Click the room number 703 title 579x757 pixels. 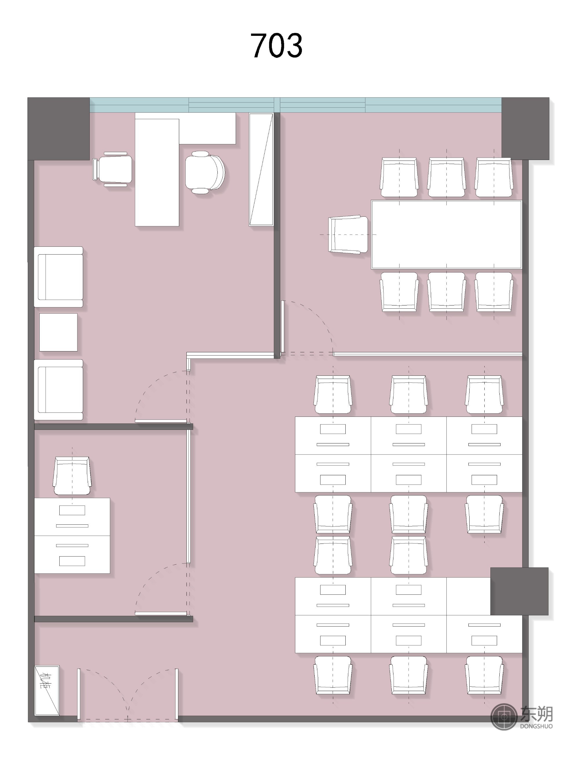point(276,45)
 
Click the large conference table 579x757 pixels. point(446,234)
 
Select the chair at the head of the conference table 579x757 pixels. point(348,235)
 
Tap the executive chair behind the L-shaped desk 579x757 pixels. point(205,172)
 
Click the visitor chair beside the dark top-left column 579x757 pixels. point(112,169)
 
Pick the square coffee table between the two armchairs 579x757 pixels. point(58,332)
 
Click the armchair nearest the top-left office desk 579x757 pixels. point(58,277)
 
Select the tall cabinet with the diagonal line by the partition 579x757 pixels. point(261,169)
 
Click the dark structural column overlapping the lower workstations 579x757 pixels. point(519,591)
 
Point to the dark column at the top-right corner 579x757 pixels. point(525,128)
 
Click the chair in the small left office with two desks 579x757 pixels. point(72,476)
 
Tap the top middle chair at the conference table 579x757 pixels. point(446,177)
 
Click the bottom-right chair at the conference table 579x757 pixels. point(494,292)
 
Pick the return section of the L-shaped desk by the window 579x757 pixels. point(207,128)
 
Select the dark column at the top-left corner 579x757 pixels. point(58,128)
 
